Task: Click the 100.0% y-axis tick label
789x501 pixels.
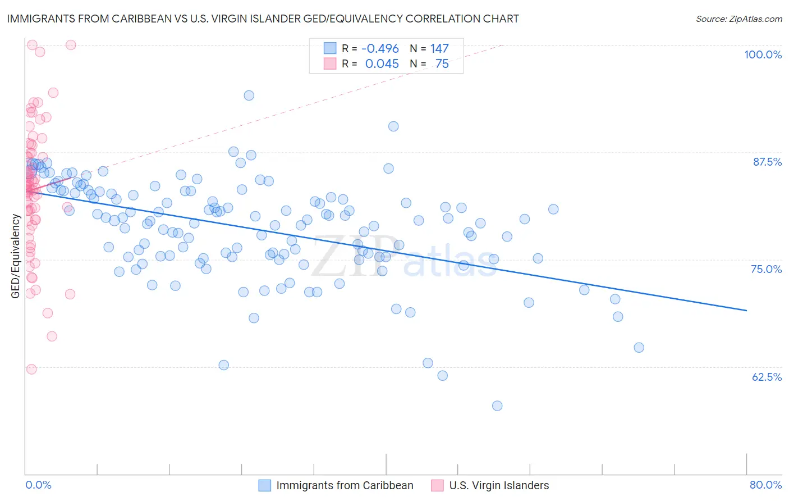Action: pyautogui.click(x=763, y=54)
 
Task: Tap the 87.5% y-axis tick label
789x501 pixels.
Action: pyautogui.click(x=767, y=162)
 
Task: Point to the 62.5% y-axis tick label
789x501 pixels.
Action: pyautogui.click(x=767, y=377)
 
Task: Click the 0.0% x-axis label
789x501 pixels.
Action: pyautogui.click(x=38, y=485)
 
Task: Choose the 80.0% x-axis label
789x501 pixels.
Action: pyautogui.click(x=765, y=485)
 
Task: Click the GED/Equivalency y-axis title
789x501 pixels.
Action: pyautogui.click(x=16, y=256)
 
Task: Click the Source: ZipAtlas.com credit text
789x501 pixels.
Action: pyautogui.click(x=738, y=19)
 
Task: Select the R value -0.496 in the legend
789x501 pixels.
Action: pyautogui.click(x=380, y=49)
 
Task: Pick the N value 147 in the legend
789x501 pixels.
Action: pyautogui.click(x=439, y=49)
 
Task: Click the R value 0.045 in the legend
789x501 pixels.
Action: pyautogui.click(x=382, y=64)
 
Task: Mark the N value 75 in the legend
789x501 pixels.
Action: pyautogui.click(x=442, y=64)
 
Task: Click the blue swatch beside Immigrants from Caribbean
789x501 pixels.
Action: pyautogui.click(x=264, y=485)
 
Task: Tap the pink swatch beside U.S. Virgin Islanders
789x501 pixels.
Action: pyautogui.click(x=437, y=485)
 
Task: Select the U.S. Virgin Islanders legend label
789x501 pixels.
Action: pyautogui.click(x=499, y=485)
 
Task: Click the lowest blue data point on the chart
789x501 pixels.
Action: pyautogui.click(x=497, y=406)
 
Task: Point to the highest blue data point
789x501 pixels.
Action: pyautogui.click(x=249, y=95)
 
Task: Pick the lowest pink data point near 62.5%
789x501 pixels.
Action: pyautogui.click(x=31, y=369)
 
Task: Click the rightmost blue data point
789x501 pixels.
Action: pyautogui.click(x=639, y=348)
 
